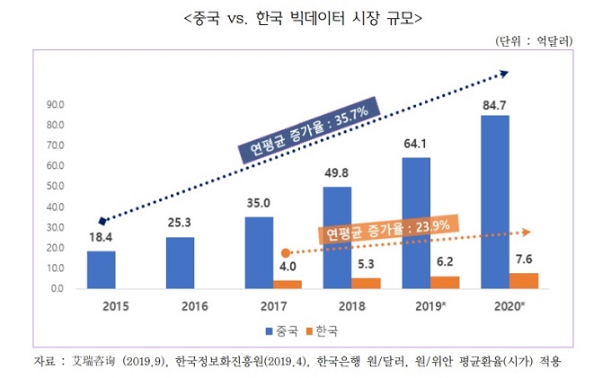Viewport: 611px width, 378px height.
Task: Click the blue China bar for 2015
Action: coord(101,270)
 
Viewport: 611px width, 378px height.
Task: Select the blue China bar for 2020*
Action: coord(494,202)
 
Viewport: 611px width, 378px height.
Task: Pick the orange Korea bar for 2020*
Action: coord(524,281)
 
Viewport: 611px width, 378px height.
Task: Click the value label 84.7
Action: coord(495,104)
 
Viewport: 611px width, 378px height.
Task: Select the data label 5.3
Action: coord(366,265)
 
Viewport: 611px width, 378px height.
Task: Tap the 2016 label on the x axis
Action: coord(182,305)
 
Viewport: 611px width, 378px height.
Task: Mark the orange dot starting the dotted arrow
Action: coord(286,253)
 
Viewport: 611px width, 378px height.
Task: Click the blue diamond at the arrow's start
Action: coord(102,220)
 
